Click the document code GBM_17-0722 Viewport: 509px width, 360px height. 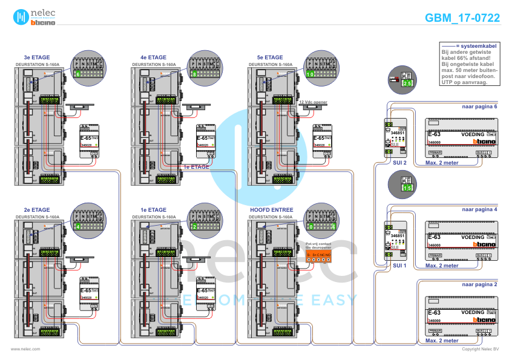[x=462, y=18]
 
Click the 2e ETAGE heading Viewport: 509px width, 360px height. [x=36, y=209]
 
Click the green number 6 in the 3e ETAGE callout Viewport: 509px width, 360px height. [x=78, y=74]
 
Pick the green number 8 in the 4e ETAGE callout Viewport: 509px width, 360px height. [x=194, y=74]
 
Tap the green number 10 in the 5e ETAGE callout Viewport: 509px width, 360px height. [x=310, y=74]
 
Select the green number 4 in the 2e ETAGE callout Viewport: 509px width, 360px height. [x=78, y=226]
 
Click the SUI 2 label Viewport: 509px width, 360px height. [x=399, y=163]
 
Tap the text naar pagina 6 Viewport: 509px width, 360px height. [x=479, y=106]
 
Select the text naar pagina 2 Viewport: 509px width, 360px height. [x=479, y=283]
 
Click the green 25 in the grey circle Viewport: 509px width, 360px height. [x=407, y=83]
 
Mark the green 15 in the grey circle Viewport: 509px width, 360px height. [x=407, y=188]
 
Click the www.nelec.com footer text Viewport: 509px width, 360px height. [x=25, y=349]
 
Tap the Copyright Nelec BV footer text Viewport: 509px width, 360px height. [x=480, y=349]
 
